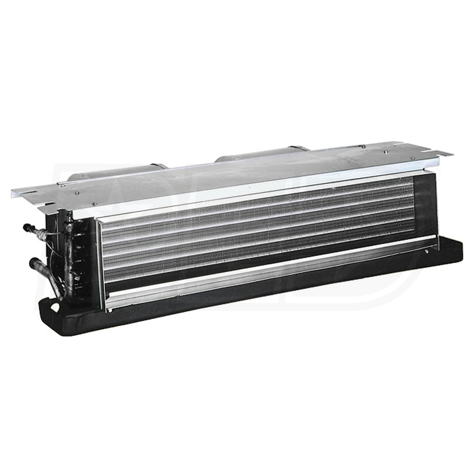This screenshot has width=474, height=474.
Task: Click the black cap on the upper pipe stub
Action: (x=27, y=228)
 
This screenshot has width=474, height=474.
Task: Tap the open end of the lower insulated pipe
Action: (x=33, y=262)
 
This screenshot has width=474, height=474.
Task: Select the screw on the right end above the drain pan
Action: (x=427, y=252)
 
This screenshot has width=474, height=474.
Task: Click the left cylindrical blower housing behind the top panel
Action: (x=118, y=171)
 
